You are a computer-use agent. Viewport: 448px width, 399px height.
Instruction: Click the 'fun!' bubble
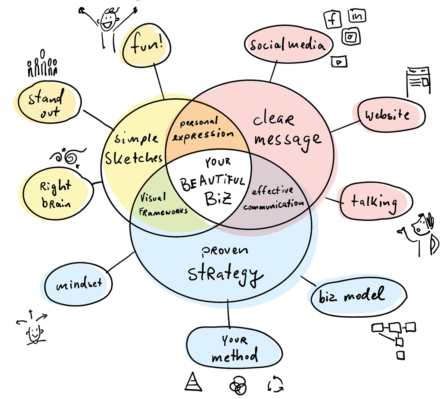(147, 47)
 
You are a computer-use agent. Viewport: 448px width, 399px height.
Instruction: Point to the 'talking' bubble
(374, 202)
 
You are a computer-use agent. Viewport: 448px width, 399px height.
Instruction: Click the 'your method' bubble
(234, 348)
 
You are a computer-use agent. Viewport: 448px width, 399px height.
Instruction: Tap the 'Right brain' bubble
(56, 194)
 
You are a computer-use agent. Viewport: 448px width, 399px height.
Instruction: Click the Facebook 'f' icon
(332, 18)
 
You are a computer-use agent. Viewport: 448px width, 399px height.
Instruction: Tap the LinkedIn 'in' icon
(357, 16)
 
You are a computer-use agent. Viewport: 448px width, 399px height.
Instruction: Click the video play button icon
(339, 61)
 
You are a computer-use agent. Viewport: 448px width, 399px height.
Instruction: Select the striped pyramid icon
(193, 382)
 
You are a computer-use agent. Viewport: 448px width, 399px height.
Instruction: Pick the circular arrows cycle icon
(276, 384)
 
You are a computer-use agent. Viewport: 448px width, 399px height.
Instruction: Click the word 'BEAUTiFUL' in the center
(212, 182)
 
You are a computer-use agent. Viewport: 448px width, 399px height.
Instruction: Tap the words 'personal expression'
(203, 129)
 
